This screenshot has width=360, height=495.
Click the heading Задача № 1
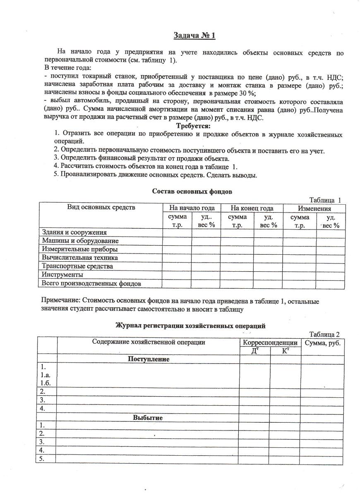[194, 36]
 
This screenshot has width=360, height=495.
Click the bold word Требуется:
[193, 126]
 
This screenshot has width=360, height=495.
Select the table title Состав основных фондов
[192, 191]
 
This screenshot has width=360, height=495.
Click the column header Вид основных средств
[101, 208]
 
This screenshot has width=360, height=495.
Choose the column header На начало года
[191, 208]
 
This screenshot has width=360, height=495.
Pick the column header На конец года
[252, 208]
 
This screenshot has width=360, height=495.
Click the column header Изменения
[314, 208]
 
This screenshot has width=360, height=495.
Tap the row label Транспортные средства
[77, 266]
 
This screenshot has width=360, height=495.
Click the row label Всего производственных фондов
[91, 284]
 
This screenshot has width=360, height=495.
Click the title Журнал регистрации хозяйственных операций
[190, 325]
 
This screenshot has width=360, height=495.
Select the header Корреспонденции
[270, 342]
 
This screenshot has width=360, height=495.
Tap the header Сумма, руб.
[322, 342]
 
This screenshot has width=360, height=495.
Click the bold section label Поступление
[149, 359]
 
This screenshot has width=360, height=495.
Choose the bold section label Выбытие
[147, 418]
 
